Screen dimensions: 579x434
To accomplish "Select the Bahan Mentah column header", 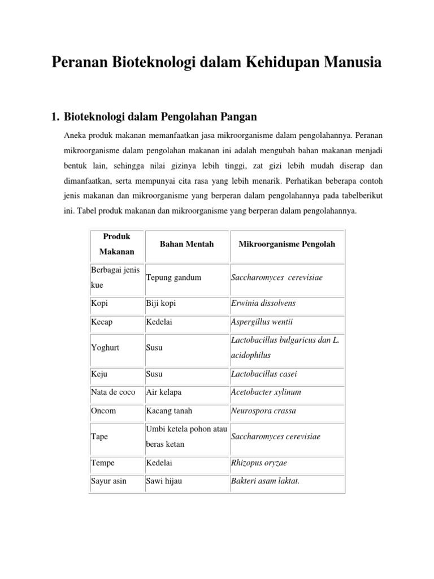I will pos(186,244).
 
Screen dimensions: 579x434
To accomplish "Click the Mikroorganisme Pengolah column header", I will pos(287,244).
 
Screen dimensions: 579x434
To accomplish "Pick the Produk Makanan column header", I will pos(117,244).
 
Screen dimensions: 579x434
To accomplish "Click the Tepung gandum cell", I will pos(173,278).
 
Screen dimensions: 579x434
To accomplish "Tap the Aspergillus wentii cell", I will pos(262,322).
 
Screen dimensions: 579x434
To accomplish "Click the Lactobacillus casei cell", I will pos(264,374).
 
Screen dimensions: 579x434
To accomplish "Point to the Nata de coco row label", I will pos(113,392).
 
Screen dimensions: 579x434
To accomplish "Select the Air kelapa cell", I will pos(164,392).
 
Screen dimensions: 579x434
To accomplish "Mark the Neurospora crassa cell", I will pos(263,411).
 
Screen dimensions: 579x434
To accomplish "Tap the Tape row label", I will pos(99,437).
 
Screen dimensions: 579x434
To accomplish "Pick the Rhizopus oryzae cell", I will pos(259,463).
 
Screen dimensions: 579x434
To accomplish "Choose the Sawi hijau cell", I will pos(163,481).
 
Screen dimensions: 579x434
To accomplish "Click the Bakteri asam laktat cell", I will pos(265,481).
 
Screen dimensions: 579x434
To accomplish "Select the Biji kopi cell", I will pos(161,304).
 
